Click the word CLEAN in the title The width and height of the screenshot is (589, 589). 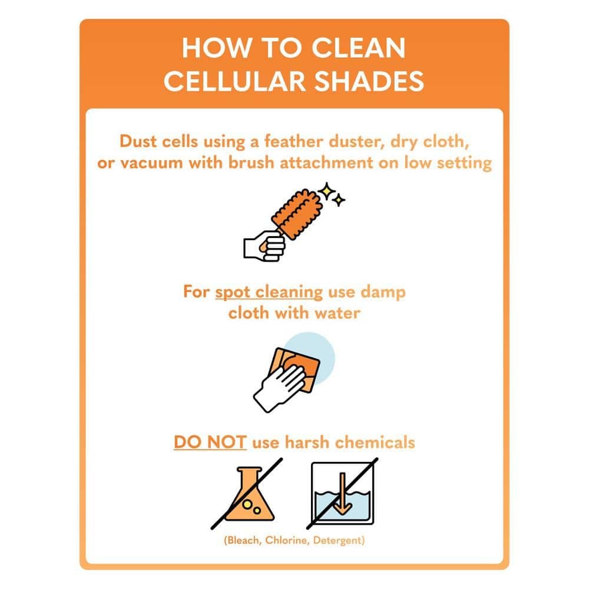(358, 48)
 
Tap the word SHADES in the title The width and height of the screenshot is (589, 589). (369, 81)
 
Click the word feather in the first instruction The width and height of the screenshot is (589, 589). (293, 141)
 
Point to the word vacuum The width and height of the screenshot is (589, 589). (151, 163)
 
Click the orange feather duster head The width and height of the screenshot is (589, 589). (297, 214)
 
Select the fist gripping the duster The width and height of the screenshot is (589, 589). (264, 246)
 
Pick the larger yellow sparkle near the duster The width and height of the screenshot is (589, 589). (327, 191)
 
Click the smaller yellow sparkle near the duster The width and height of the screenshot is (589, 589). (339, 200)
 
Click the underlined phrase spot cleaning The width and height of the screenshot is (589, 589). (269, 292)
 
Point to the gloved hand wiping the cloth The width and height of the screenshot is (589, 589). (280, 388)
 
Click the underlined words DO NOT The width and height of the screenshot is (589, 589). (210, 442)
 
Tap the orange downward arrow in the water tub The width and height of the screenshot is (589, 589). (342, 494)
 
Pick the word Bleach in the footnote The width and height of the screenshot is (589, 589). (243, 540)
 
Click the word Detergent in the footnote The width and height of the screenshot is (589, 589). (337, 541)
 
